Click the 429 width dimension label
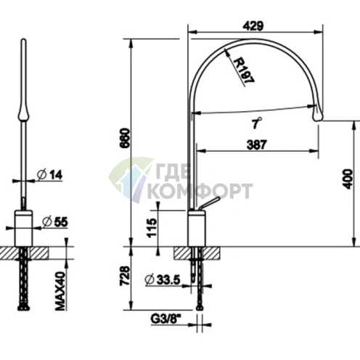253,26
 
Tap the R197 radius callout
245,70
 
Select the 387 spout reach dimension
257,144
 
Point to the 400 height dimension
348,179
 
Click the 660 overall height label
125,138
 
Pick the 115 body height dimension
152,228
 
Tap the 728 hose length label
125,276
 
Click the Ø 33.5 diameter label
163,280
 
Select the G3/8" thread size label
166,319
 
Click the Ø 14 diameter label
50,175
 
